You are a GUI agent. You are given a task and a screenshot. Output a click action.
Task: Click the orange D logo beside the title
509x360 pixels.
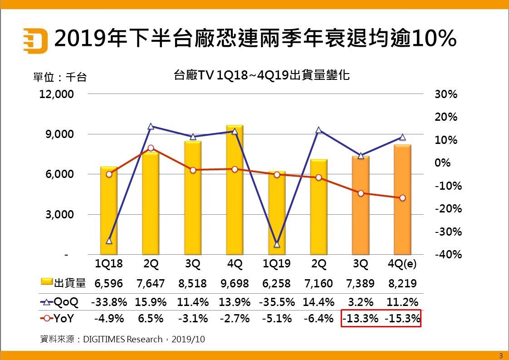pyautogui.click(x=35, y=40)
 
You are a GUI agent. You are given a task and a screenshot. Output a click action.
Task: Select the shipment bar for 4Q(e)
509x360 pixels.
pyautogui.click(x=402, y=200)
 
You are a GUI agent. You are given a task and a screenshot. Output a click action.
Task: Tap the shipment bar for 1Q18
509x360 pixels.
pyautogui.click(x=109, y=211)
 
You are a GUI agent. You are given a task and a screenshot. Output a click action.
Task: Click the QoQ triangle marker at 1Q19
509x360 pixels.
pyautogui.click(x=277, y=244)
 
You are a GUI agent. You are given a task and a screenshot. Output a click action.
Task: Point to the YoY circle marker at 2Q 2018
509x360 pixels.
pyautogui.click(x=151, y=148)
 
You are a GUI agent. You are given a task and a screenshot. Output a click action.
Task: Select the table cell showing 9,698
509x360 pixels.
pyautogui.click(x=235, y=284)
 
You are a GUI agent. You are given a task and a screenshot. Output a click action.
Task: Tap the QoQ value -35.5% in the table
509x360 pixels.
pyautogui.click(x=277, y=301)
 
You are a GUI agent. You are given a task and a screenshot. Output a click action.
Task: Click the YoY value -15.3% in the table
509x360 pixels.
pyautogui.click(x=402, y=319)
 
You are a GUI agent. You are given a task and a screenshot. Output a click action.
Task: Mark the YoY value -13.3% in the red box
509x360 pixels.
pyautogui.click(x=361, y=319)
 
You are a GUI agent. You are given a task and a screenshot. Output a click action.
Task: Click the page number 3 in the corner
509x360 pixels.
pyautogui.click(x=501, y=355)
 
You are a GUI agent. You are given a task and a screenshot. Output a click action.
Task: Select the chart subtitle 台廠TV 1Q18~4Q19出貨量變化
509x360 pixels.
pyautogui.click(x=261, y=75)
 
